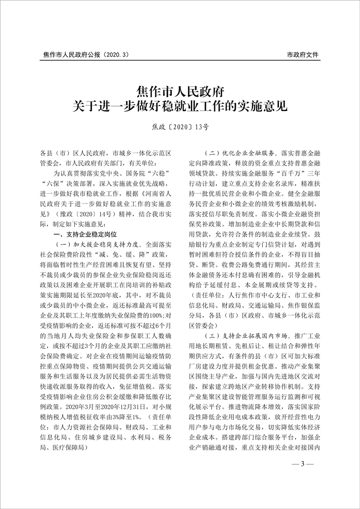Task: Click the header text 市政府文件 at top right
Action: click(x=303, y=55)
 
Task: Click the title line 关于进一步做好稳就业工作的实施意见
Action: click(x=180, y=108)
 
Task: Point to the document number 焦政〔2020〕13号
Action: click(x=180, y=128)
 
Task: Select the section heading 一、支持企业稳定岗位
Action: click(x=85, y=234)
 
